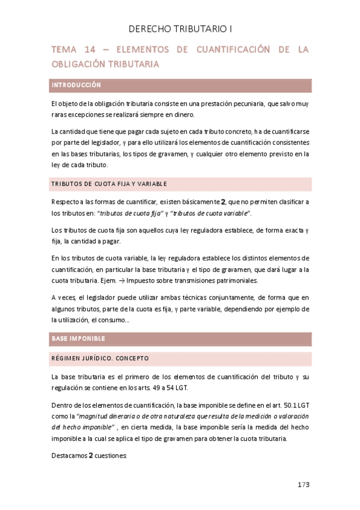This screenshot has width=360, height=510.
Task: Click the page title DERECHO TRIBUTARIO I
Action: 180,28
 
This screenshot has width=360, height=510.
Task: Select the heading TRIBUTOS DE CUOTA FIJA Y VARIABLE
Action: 109,183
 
